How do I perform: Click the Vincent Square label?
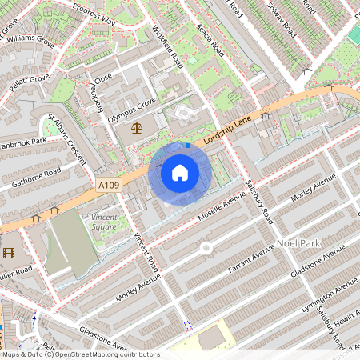click(x=103, y=222)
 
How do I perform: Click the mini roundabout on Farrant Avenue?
click(x=206, y=249)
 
